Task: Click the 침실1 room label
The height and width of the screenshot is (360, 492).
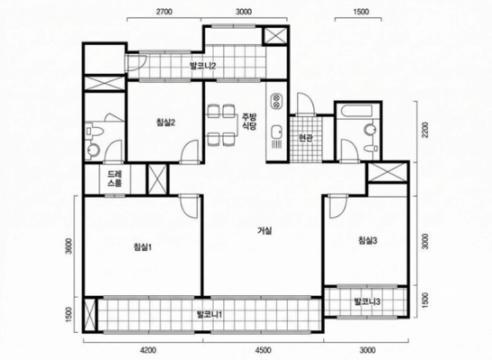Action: (x=143, y=247)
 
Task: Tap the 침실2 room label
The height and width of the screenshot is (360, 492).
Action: (x=165, y=122)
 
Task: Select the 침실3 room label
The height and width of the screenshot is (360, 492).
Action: (x=368, y=240)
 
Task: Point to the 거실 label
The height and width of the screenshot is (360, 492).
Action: (x=264, y=231)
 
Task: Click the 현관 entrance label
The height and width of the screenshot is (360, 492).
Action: (x=306, y=138)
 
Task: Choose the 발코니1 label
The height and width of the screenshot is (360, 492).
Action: (x=210, y=314)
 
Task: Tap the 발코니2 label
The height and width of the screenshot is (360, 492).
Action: (x=202, y=67)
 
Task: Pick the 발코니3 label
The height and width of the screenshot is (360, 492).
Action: (x=367, y=301)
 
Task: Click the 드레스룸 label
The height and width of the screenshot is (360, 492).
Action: (x=114, y=179)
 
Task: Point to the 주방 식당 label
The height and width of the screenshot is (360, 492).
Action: (x=249, y=121)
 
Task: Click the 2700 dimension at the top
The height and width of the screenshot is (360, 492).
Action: (x=164, y=12)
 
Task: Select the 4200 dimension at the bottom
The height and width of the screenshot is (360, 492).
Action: (x=148, y=349)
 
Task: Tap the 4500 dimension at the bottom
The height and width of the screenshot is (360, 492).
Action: (x=264, y=349)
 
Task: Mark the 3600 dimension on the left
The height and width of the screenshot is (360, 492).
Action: (x=69, y=247)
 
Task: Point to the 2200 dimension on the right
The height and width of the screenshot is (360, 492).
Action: (x=425, y=130)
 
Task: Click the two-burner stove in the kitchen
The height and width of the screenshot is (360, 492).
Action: (x=276, y=101)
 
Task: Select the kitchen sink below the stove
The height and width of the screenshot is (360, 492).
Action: (x=276, y=132)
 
